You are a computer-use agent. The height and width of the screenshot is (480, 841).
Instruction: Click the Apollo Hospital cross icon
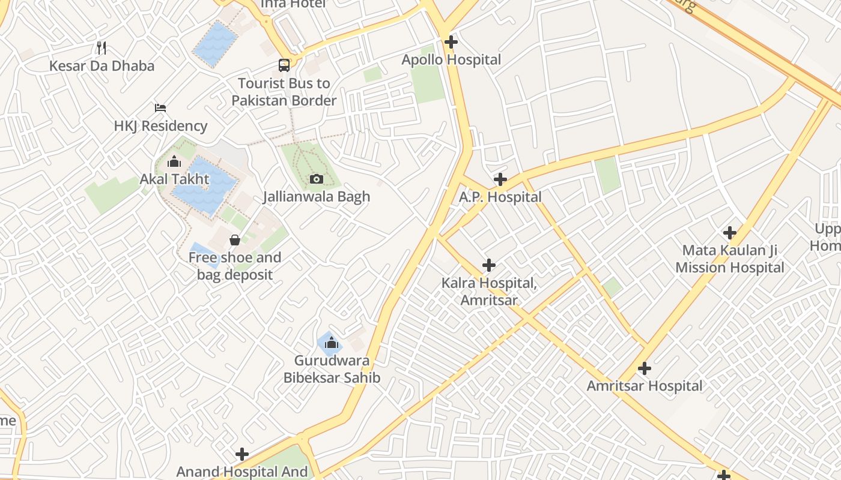pos(451,42)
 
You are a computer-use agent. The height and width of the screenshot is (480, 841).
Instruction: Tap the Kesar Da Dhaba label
pos(102,65)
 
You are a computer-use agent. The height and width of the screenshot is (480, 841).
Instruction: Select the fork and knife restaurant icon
pos(102,48)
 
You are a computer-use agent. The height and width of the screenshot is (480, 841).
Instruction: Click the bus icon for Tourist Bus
pos(284,65)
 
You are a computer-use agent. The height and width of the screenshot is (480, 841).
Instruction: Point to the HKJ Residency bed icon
pos(160,108)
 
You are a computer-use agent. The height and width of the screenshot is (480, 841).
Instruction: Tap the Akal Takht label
pos(174,179)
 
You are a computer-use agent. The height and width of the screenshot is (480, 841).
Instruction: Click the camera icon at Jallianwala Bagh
pos(317,179)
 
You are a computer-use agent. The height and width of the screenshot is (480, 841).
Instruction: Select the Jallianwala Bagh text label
pos(317,196)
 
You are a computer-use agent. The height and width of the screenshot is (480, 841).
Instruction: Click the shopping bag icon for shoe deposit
pos(235,240)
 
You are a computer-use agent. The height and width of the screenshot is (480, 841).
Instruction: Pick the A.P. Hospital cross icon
pos(500,179)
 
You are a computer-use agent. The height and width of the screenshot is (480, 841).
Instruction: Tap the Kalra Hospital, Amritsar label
pos(489,291)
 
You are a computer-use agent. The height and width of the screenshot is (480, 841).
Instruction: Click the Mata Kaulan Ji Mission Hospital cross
pos(730,233)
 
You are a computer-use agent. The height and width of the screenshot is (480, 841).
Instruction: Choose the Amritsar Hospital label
pos(645,386)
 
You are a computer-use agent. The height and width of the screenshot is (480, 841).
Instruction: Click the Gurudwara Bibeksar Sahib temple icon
pos(331,343)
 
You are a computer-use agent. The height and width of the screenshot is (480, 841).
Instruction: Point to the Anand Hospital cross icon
pos(242,454)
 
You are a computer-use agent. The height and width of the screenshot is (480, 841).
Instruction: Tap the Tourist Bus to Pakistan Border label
pos(284,92)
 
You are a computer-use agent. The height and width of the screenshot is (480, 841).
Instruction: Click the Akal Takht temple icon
pos(174,161)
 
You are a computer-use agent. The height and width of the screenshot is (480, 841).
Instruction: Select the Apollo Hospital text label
pos(451,59)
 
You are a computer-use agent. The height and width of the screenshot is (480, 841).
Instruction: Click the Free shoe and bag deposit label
pos(235,266)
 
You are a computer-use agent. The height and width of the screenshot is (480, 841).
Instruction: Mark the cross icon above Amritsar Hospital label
pos(645,368)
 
